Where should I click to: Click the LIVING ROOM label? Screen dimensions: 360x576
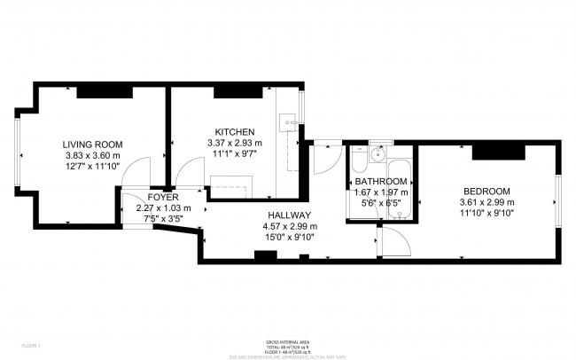(92, 144)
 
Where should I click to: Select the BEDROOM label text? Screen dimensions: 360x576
(486, 192)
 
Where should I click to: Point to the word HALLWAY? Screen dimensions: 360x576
(289, 215)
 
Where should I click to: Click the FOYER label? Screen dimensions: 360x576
(163, 197)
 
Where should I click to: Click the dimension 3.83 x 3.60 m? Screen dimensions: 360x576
(92, 155)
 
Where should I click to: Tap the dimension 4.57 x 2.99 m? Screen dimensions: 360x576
(289, 225)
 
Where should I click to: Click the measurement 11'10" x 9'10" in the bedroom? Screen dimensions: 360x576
(486, 214)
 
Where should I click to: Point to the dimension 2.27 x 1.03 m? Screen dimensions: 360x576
(163, 208)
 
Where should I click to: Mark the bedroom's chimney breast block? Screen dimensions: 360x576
(500, 152)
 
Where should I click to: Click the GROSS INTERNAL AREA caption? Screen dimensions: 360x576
(287, 340)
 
